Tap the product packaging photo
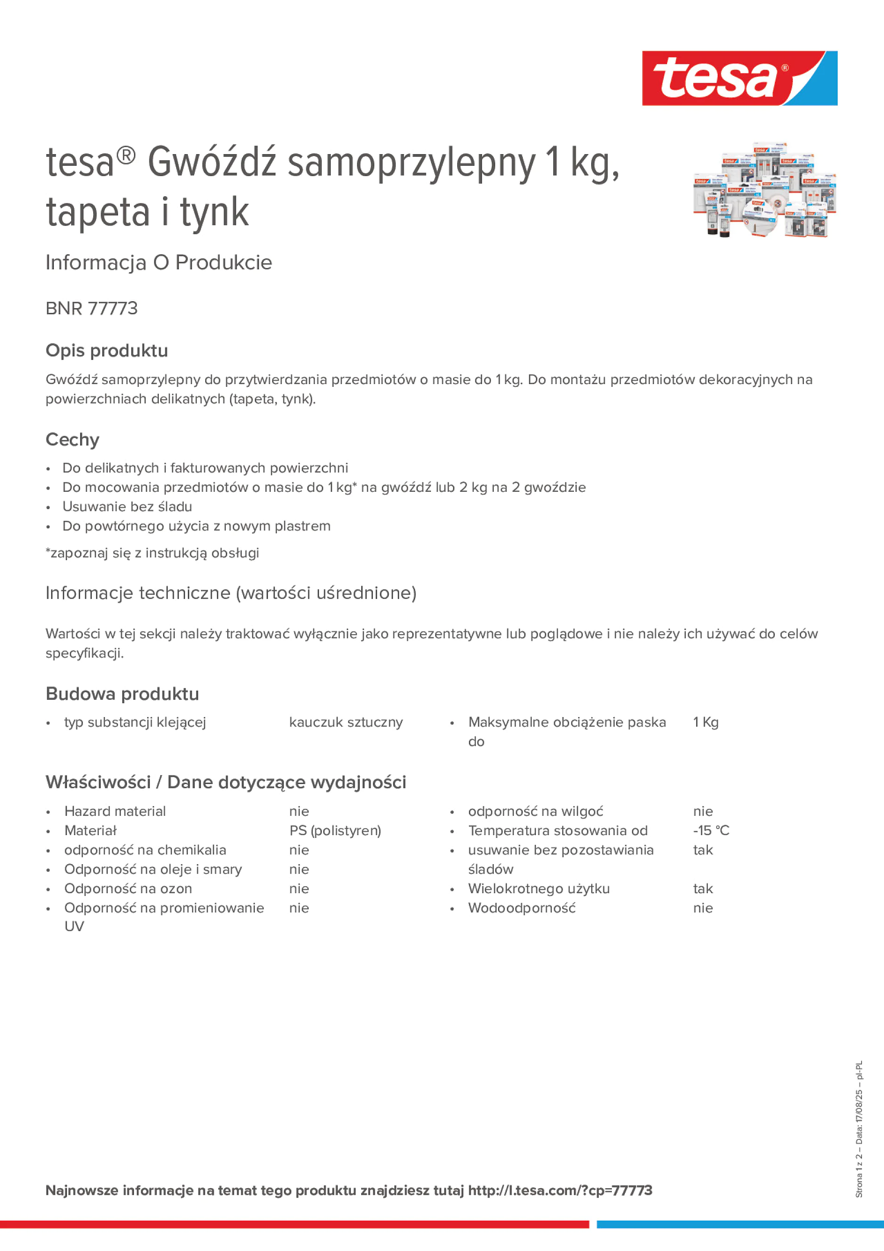click(764, 190)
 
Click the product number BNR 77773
click(91, 308)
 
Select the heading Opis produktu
click(107, 350)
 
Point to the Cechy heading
click(73, 439)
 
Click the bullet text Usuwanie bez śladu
click(127, 507)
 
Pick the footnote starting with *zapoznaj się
click(152, 553)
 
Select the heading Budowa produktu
click(122, 694)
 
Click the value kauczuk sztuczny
click(346, 723)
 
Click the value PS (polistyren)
click(334, 830)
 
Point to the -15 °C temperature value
click(711, 830)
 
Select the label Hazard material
click(115, 811)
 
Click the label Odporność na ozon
click(128, 888)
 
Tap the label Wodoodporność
click(521, 908)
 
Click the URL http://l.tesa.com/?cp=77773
click(560, 1191)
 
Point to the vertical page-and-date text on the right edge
click(859, 1128)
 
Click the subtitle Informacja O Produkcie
click(159, 263)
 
